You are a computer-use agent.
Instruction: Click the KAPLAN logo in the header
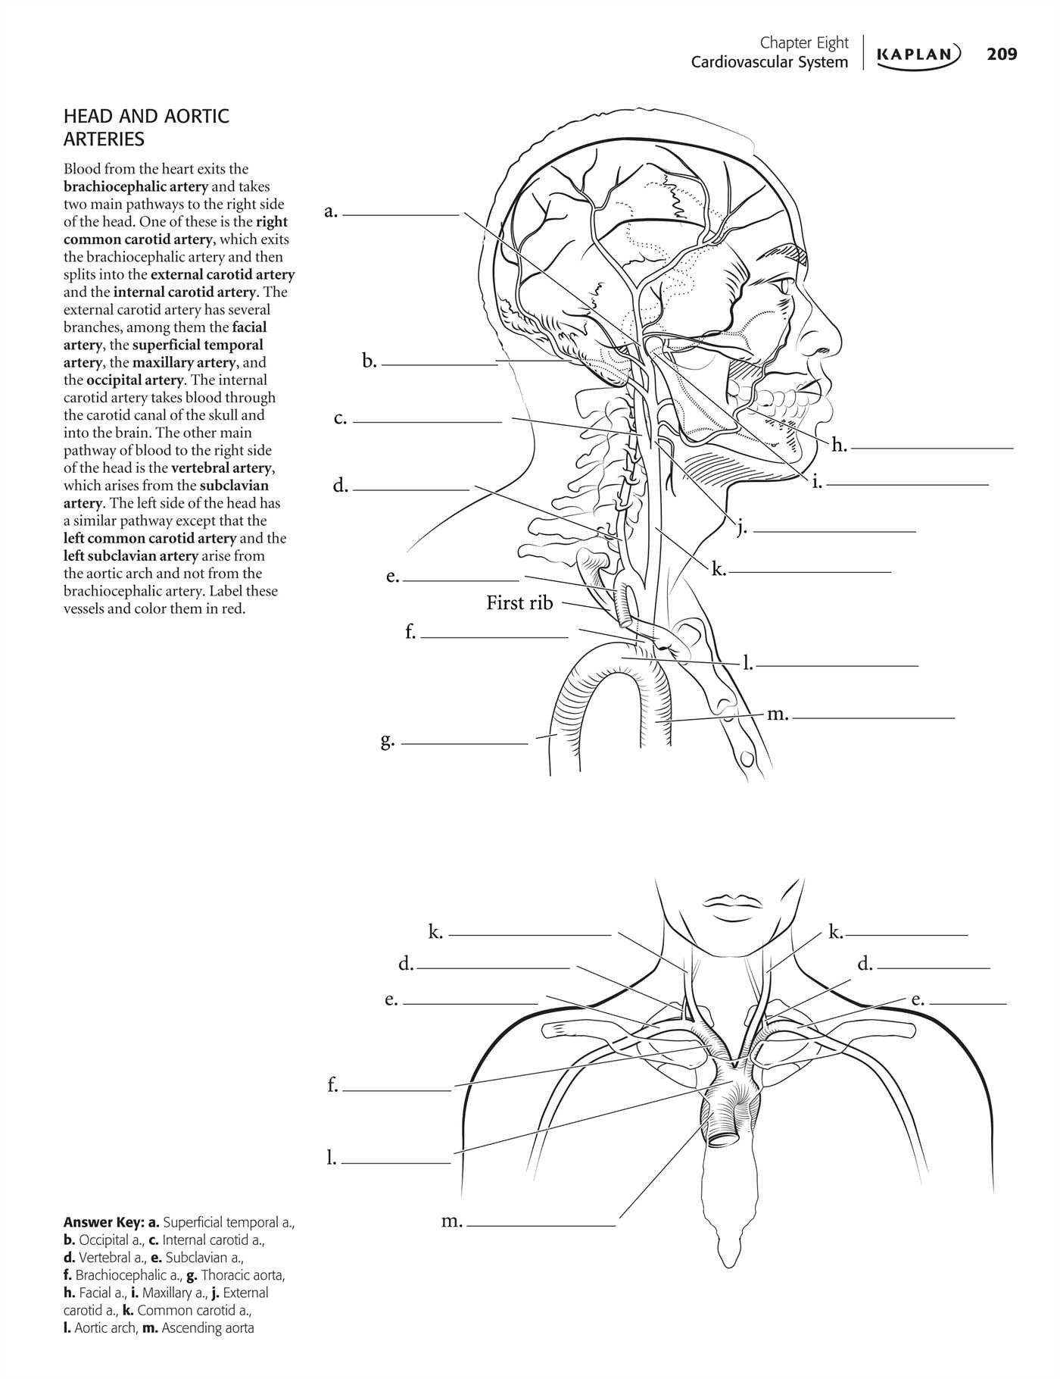click(x=918, y=54)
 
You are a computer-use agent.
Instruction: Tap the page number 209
click(x=1002, y=54)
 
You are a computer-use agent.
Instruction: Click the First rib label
click(x=519, y=603)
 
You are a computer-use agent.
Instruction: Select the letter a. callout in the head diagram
click(x=331, y=212)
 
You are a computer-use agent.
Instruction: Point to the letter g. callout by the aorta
click(x=387, y=740)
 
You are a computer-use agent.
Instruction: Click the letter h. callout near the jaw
click(x=839, y=446)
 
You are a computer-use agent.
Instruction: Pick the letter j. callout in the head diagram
click(x=742, y=527)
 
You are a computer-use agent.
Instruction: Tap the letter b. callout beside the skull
click(x=369, y=361)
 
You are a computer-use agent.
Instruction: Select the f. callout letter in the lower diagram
click(x=332, y=1085)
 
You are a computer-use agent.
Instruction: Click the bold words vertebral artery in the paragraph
click(x=222, y=468)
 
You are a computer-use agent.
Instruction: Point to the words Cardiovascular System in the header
click(x=768, y=62)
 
